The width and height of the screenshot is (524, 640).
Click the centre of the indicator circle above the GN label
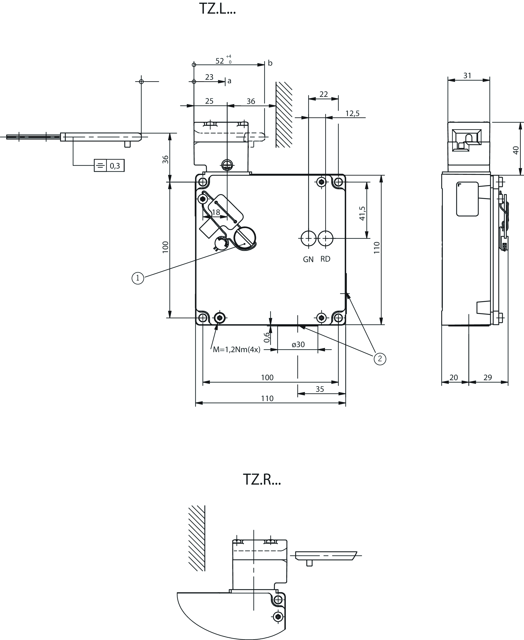click(x=309, y=238)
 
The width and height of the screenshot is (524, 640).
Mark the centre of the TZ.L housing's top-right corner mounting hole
click(x=338, y=182)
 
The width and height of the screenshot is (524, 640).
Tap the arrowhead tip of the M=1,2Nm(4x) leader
click(x=218, y=323)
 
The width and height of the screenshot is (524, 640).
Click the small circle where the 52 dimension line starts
click(x=194, y=65)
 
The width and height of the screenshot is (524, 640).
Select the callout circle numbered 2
click(x=380, y=359)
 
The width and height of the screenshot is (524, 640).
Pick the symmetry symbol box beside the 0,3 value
click(x=100, y=165)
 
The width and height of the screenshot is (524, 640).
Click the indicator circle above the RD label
click(x=325, y=238)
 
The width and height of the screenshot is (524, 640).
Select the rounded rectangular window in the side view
click(x=467, y=199)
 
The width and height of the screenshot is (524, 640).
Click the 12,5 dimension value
click(x=352, y=113)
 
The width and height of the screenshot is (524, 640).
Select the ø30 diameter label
click(x=298, y=345)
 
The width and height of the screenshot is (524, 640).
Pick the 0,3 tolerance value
click(x=115, y=165)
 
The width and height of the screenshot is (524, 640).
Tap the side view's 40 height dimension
click(x=516, y=150)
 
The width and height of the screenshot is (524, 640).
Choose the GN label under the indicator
click(x=308, y=259)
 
